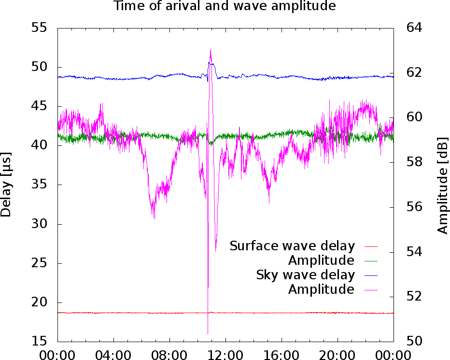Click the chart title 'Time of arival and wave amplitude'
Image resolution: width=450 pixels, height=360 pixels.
click(x=225, y=6)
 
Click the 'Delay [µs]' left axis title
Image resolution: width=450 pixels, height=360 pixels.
click(x=6, y=184)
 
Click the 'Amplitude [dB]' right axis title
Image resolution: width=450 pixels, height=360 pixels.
click(x=443, y=184)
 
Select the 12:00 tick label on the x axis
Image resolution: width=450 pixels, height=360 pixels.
click(x=225, y=355)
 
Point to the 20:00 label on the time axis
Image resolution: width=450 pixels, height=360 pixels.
click(x=337, y=355)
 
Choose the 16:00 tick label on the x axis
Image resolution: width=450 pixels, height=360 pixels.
click(x=281, y=355)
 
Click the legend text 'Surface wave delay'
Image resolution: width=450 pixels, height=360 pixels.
click(x=292, y=246)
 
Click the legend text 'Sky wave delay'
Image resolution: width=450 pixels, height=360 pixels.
click(x=305, y=275)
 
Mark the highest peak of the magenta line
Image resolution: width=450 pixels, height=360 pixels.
click(x=211, y=49)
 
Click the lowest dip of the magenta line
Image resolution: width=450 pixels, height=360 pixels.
click(x=208, y=333)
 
